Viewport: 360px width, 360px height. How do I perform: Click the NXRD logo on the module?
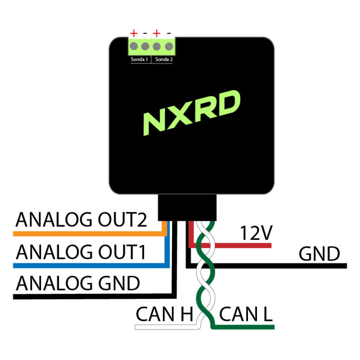pyautogui.click(x=192, y=113)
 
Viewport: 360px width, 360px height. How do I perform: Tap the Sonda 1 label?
pyautogui.click(x=139, y=59)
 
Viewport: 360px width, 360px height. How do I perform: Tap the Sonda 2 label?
pyautogui.click(x=164, y=59)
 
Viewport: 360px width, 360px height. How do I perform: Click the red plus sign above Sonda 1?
pyautogui.click(x=134, y=33)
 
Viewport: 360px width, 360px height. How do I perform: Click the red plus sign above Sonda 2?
pyautogui.click(x=157, y=33)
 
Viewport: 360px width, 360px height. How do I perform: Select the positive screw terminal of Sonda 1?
pyautogui.click(x=134, y=46)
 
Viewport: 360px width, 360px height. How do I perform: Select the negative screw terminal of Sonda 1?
pyautogui.click(x=145, y=46)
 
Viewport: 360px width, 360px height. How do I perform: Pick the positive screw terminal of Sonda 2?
pyautogui.click(x=157, y=46)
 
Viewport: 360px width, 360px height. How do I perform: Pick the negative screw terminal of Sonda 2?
pyautogui.click(x=169, y=46)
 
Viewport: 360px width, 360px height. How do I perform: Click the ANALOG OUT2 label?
pyautogui.click(x=81, y=220)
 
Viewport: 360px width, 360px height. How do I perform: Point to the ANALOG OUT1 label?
pyautogui.click(x=81, y=252)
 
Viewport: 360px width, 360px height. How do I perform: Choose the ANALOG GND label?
pyautogui.click(x=78, y=283)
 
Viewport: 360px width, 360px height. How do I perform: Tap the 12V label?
pyautogui.click(x=256, y=233)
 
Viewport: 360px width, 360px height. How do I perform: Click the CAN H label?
pyautogui.click(x=164, y=314)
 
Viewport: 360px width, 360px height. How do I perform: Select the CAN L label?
pyautogui.click(x=246, y=314)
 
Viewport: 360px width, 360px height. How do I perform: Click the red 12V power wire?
pyautogui.click(x=229, y=246)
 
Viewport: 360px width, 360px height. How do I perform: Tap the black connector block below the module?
pyautogui.click(x=187, y=207)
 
